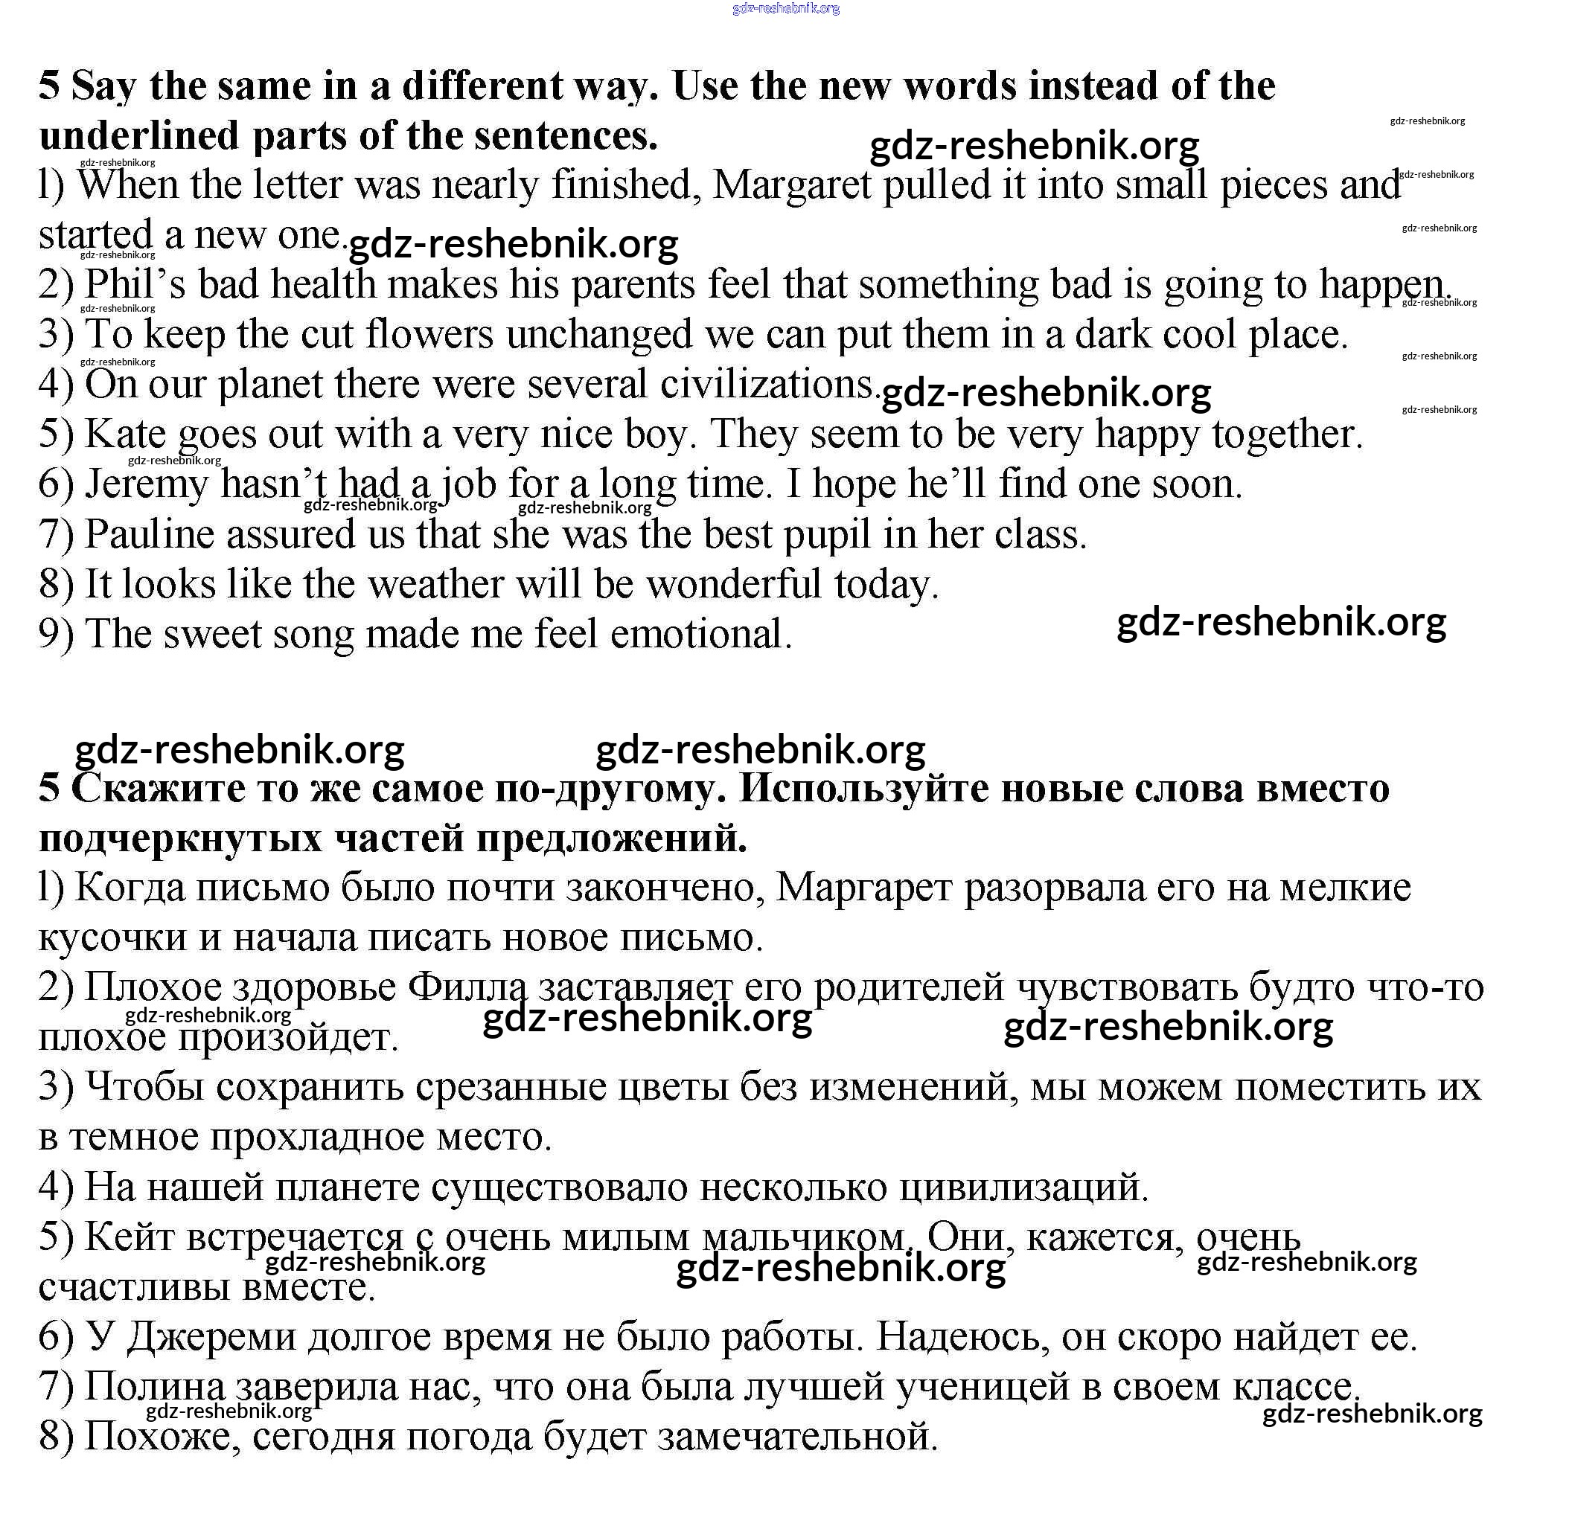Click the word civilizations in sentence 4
pyautogui.click(x=767, y=385)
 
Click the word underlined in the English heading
pyautogui.click(x=139, y=135)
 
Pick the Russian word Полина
pyautogui.click(x=155, y=1387)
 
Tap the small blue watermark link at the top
pyautogui.click(x=785, y=9)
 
